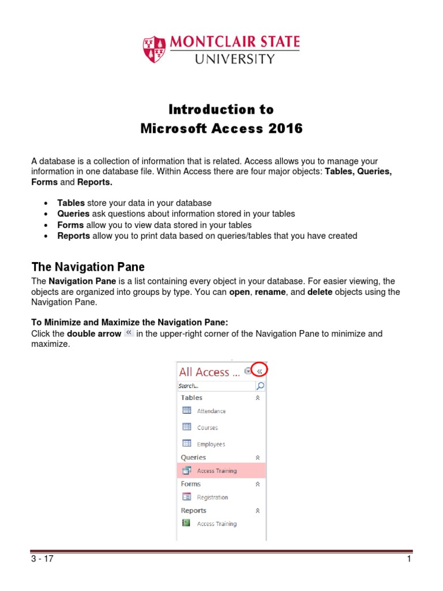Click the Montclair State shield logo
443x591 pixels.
154,49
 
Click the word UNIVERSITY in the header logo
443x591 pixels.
234,59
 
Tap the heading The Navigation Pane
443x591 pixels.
88,267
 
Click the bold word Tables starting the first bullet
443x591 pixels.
71,203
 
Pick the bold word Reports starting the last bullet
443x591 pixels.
73,235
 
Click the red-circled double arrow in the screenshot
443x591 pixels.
260,372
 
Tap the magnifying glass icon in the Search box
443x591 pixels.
260,386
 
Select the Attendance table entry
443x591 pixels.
211,411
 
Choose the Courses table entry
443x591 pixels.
207,428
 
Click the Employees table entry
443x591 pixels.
211,444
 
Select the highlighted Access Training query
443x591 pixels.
216,471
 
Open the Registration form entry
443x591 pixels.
212,498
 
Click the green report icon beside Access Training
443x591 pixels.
186,523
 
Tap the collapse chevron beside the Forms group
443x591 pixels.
258,484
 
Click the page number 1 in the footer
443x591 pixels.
408,559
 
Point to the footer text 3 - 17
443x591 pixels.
43,559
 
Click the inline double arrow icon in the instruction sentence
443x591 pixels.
129,334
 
